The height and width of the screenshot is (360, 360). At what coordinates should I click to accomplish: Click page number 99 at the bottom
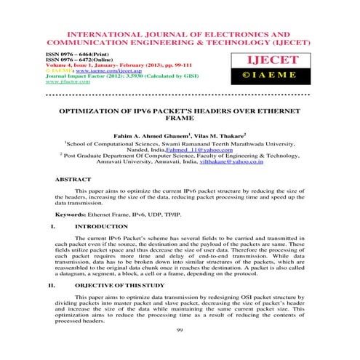180,329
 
